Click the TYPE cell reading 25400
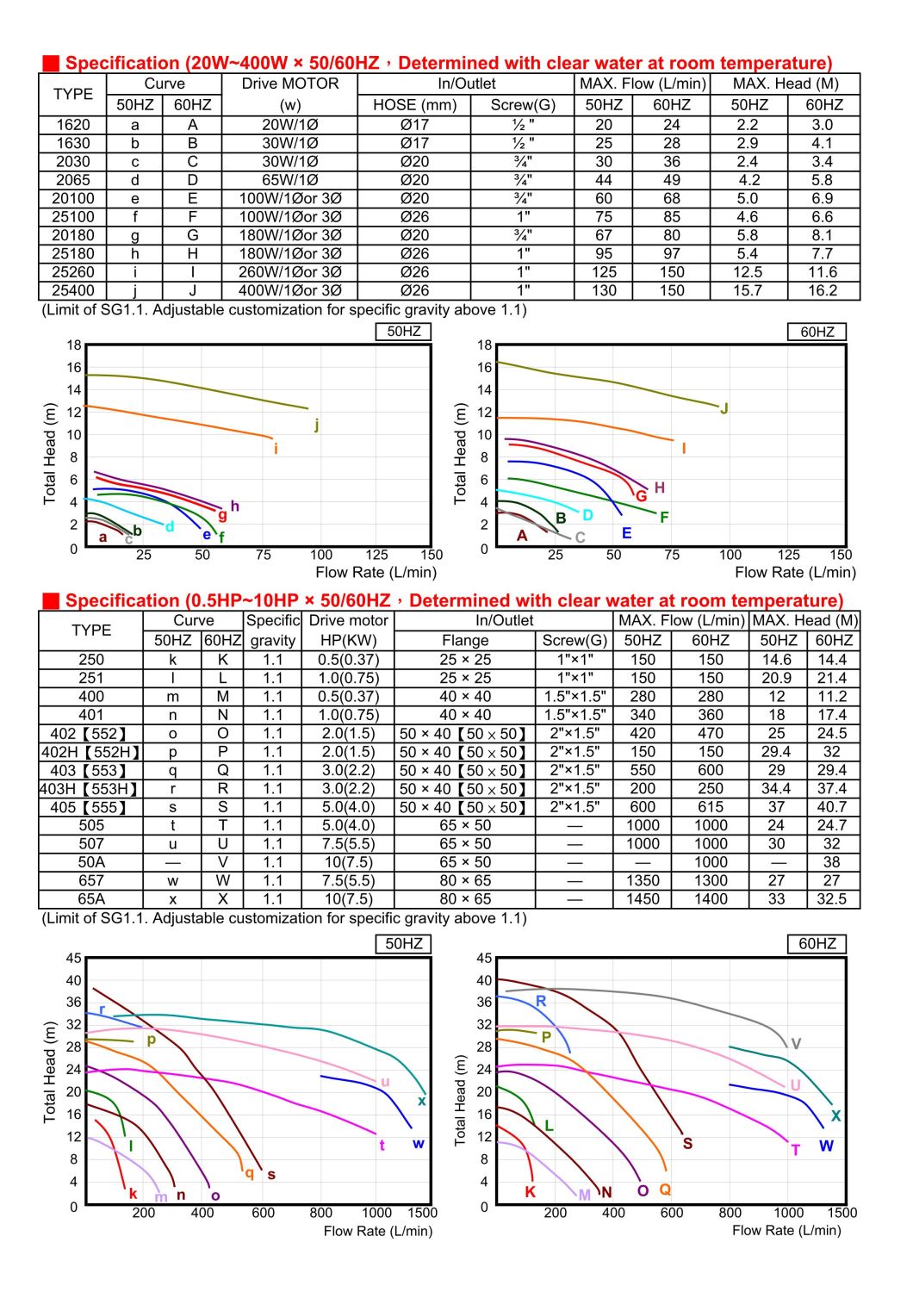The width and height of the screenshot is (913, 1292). pyautogui.click(x=72, y=290)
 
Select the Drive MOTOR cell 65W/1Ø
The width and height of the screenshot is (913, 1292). pyautogui.click(x=289, y=180)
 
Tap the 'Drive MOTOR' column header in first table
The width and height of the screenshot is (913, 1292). pyautogui.click(x=289, y=84)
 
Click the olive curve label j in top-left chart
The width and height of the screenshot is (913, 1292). pyautogui.click(x=317, y=424)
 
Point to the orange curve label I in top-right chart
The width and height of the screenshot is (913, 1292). pyautogui.click(x=684, y=448)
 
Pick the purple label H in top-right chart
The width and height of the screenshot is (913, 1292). pyautogui.click(x=660, y=488)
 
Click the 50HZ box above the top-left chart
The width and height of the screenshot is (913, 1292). pyautogui.click(x=403, y=331)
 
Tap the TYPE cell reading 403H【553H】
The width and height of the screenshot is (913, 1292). pyautogui.click(x=90, y=789)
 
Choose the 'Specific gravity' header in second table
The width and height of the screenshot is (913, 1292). pyautogui.click(x=272, y=630)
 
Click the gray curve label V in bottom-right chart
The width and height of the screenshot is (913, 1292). pyautogui.click(x=796, y=1043)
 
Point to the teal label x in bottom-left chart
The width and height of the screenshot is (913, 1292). pyautogui.click(x=422, y=1100)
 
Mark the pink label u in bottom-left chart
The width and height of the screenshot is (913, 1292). pyautogui.click(x=385, y=1082)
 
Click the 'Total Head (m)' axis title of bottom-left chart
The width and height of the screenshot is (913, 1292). pyautogui.click(x=50, y=1072)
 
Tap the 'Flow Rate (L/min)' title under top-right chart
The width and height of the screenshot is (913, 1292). pyautogui.click(x=795, y=572)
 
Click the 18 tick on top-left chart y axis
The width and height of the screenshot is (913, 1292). pyautogui.click(x=74, y=345)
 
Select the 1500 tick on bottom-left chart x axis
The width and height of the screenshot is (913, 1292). pyautogui.click(x=422, y=1213)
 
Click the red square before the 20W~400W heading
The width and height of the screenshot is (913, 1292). pyautogui.click(x=51, y=63)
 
